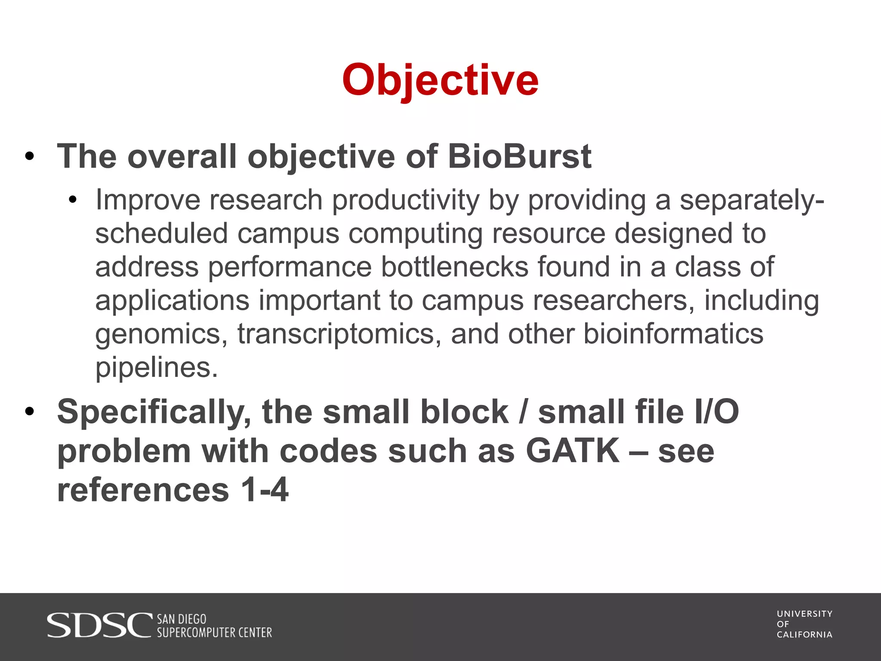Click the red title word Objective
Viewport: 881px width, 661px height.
point(440,80)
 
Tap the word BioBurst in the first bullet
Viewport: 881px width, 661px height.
point(519,156)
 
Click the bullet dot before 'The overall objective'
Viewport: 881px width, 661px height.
point(29,157)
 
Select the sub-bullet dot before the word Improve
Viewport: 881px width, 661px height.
point(72,200)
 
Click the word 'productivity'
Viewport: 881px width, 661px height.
point(406,200)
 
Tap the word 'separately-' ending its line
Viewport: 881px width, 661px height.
point(752,200)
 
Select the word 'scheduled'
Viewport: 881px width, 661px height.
point(161,234)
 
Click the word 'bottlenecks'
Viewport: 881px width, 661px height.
point(455,267)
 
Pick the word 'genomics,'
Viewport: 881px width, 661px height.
point(161,334)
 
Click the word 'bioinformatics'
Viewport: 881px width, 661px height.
point(673,334)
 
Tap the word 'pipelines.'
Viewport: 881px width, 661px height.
point(157,368)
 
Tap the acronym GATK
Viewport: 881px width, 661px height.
point(573,451)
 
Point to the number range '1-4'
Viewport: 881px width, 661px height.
point(264,490)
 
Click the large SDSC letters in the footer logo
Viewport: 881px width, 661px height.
point(99,625)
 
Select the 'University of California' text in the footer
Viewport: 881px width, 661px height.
point(804,624)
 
